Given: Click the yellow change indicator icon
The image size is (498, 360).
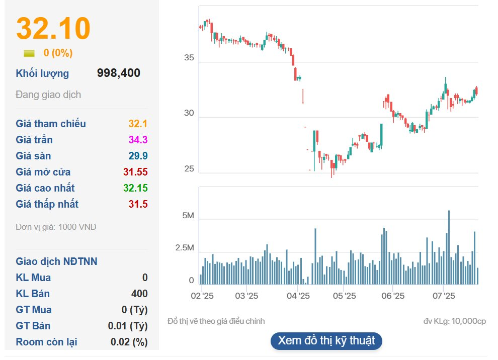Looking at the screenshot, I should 29,53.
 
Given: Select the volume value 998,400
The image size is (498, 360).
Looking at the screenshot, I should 119,73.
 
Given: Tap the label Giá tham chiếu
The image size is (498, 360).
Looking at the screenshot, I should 51,124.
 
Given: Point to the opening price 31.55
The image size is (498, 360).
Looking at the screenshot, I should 135,172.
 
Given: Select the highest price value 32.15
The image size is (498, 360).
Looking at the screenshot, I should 135,188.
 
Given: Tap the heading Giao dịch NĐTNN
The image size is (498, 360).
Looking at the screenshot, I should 57,261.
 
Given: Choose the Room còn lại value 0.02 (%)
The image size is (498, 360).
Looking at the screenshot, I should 129,342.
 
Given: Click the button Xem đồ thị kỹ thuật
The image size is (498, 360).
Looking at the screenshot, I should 326,340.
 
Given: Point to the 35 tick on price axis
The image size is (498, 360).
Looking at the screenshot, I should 189,58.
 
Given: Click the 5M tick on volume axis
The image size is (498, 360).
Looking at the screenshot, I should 188,216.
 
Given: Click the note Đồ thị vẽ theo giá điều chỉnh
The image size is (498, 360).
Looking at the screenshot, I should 216,321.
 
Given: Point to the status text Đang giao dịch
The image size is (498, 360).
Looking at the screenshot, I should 48,95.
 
